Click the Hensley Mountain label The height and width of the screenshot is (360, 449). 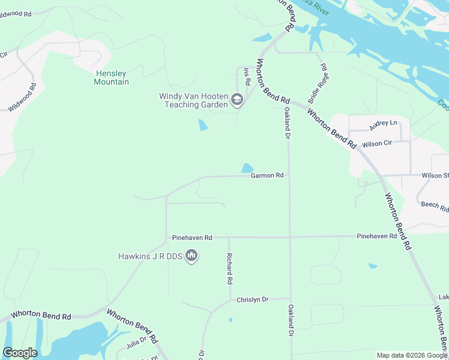[x=111, y=77]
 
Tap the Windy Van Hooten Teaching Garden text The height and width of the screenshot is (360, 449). [x=193, y=100]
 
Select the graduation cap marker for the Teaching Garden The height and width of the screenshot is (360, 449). [x=237, y=100]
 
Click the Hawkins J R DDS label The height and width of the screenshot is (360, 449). [x=149, y=256]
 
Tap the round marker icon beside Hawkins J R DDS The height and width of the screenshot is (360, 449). [x=192, y=256]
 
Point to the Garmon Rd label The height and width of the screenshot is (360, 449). [x=267, y=176]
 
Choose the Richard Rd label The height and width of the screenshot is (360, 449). [x=229, y=268]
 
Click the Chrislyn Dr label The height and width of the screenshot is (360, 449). [x=252, y=299]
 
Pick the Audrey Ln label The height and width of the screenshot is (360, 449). [x=383, y=125]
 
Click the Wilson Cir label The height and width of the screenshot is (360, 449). [x=376, y=143]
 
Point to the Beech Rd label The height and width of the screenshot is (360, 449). [x=435, y=207]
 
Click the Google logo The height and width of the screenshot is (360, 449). [x=20, y=353]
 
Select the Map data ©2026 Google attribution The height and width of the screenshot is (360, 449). [x=412, y=355]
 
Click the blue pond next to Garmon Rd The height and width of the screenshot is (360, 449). [x=247, y=169]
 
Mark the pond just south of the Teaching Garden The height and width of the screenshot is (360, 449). [x=203, y=125]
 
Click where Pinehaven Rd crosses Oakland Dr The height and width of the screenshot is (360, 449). [x=290, y=237]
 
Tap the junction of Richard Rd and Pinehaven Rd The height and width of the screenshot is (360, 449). [x=229, y=237]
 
